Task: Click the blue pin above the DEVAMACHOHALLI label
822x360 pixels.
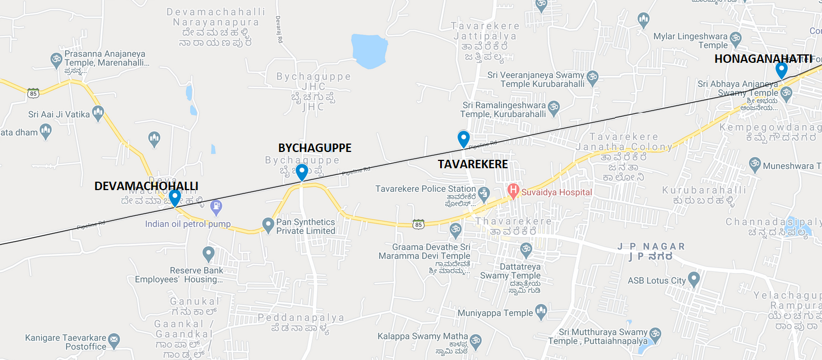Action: pos(175,197)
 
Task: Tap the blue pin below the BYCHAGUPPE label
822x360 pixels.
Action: pos(302,172)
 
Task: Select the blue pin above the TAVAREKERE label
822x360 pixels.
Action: pos(463,139)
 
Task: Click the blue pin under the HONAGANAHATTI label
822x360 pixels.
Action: pos(781,70)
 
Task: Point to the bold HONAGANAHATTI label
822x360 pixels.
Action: pos(763,58)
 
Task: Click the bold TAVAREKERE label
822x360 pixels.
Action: pos(473,164)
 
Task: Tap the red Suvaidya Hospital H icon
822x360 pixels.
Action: pos(512,191)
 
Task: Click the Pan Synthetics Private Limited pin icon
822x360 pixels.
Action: pos(268,224)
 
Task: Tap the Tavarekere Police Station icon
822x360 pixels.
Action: pos(484,194)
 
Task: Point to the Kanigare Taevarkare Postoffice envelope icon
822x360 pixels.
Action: pos(114,339)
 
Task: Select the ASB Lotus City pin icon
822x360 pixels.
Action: pos(694,279)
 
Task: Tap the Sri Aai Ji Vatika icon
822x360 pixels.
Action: pos(98,114)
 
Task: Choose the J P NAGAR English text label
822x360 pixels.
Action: pos(651,246)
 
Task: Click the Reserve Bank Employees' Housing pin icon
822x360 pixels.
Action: pos(209,254)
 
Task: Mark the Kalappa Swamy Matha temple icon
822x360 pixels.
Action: pos(475,340)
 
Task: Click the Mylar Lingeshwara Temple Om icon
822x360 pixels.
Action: pos(736,38)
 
